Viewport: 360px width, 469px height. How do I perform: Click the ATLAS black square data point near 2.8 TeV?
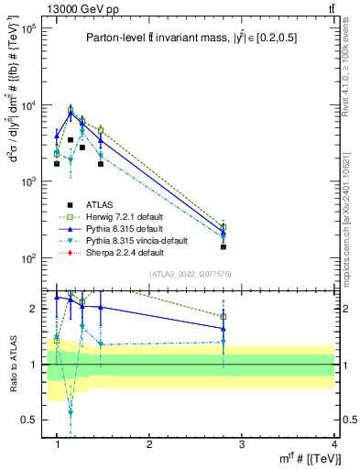pos(224,247)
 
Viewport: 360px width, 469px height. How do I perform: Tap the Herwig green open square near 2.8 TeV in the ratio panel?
pos(224,317)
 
